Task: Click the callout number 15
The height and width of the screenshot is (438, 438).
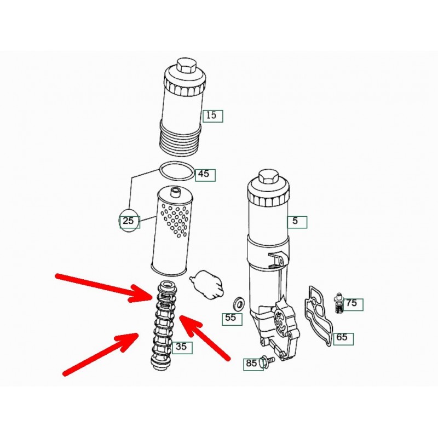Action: coord(211,115)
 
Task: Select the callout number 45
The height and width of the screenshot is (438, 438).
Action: coord(203,174)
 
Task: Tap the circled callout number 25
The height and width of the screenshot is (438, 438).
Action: coord(129,221)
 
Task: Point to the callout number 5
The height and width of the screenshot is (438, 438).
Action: coord(295,221)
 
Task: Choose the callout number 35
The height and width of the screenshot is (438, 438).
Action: coord(181,347)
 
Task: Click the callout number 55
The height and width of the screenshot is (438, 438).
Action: coord(230,318)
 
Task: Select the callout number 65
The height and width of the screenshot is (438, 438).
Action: coord(342,337)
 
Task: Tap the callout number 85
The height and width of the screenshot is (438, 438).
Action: coord(251,363)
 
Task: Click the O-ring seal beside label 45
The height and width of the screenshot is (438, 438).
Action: coord(176,171)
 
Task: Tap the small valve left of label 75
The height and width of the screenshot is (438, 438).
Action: coord(339,303)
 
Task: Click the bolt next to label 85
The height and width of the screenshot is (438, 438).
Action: coord(267,361)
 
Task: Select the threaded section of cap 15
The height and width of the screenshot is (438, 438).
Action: coord(180,139)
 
